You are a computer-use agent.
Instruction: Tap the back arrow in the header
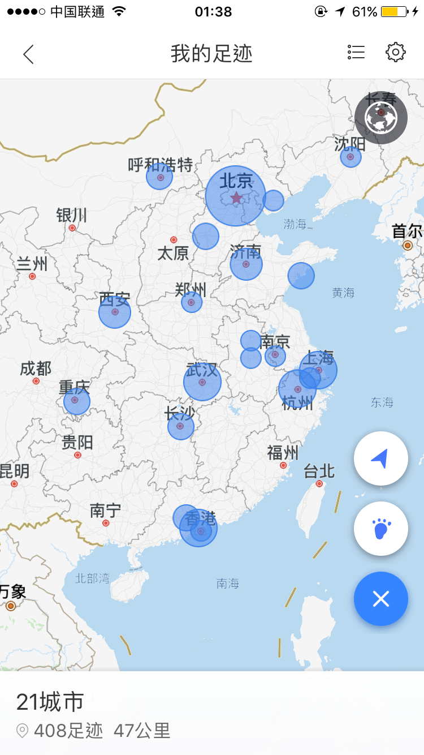click(28, 54)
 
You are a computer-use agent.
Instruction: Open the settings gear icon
click(396, 52)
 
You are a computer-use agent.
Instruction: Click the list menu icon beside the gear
click(356, 52)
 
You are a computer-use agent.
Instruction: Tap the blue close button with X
click(381, 599)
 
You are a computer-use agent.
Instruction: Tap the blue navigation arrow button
click(381, 459)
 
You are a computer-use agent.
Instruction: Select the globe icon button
click(381, 118)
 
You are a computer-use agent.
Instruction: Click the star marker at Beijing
click(236, 198)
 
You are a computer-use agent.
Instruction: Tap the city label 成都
click(36, 369)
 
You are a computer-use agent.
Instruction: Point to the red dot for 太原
click(174, 240)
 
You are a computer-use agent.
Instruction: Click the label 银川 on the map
click(72, 215)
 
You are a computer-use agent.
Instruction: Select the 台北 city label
click(319, 471)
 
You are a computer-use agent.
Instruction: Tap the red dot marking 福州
click(283, 465)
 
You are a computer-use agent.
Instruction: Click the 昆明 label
click(14, 470)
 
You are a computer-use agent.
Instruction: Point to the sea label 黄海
click(343, 293)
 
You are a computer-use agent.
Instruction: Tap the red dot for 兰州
click(32, 276)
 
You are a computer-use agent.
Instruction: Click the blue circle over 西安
click(115, 312)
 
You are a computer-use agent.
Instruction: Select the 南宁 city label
click(105, 511)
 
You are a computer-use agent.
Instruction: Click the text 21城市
click(50, 702)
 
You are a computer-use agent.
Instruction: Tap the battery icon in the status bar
click(395, 11)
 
